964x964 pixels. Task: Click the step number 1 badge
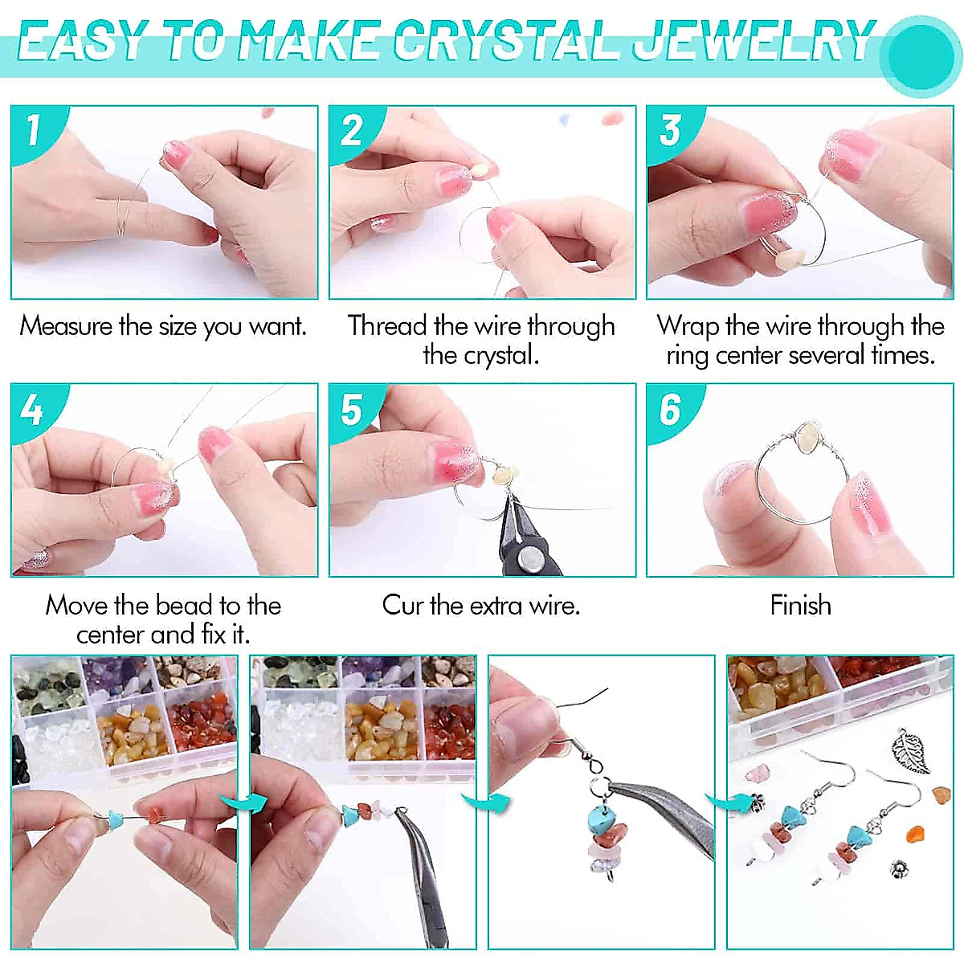pyautogui.click(x=32, y=129)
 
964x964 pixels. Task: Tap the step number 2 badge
pyautogui.click(x=350, y=129)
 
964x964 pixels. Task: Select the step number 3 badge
pyautogui.click(x=669, y=129)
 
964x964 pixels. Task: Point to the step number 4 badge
pyautogui.click(x=32, y=409)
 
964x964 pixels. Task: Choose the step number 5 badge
pyautogui.click(x=350, y=409)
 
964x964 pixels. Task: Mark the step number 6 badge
pyautogui.click(x=669, y=409)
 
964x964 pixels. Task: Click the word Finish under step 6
pyautogui.click(x=800, y=605)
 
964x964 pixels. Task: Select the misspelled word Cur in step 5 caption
pyautogui.click(x=402, y=605)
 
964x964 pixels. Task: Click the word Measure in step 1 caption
pyautogui.click(x=66, y=326)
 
